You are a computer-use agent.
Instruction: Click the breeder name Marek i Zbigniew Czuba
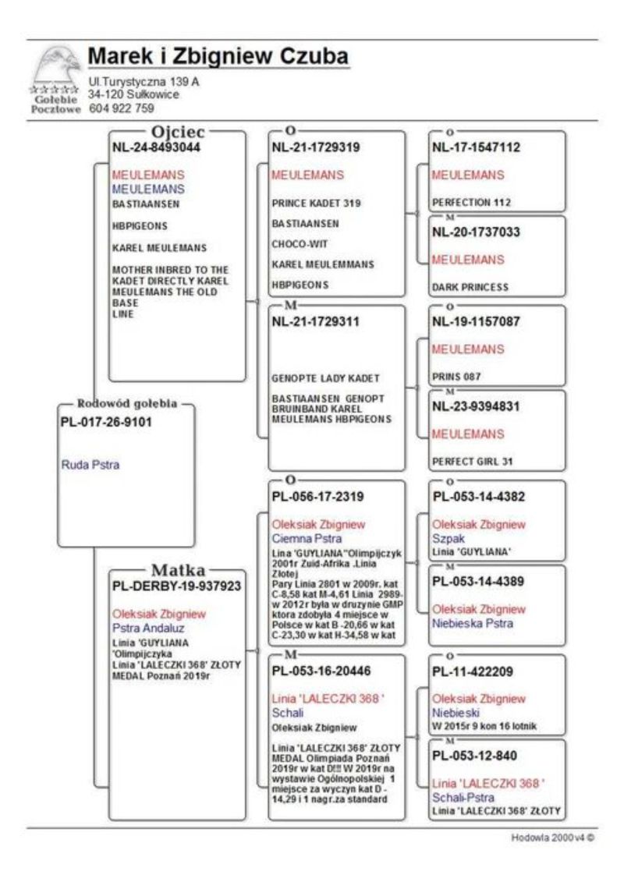point(218,57)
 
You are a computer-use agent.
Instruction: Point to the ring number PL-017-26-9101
point(107,423)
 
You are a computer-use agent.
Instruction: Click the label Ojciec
point(177,131)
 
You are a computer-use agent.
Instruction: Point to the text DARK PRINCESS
point(470,287)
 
